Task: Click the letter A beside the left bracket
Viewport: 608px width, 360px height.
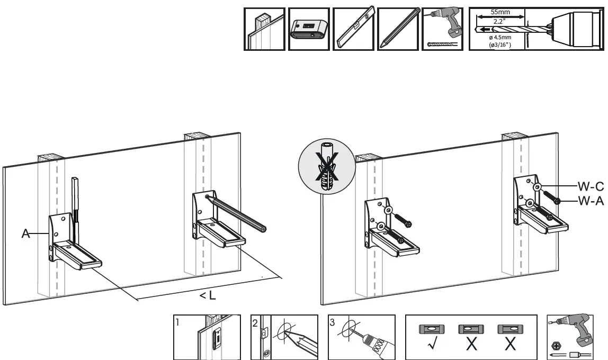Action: tap(25, 233)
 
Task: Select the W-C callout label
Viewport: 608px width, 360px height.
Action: tap(590, 186)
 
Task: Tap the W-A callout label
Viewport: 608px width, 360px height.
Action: tap(590, 201)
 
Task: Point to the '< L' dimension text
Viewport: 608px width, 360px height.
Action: tap(208, 296)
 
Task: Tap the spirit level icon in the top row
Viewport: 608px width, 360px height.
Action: tap(354, 29)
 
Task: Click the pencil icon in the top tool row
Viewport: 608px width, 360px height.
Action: tap(398, 29)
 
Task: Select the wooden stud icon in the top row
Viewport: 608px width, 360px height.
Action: tap(264, 29)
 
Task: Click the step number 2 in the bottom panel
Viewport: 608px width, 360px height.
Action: tap(255, 321)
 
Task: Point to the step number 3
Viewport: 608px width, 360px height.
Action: tap(332, 321)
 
